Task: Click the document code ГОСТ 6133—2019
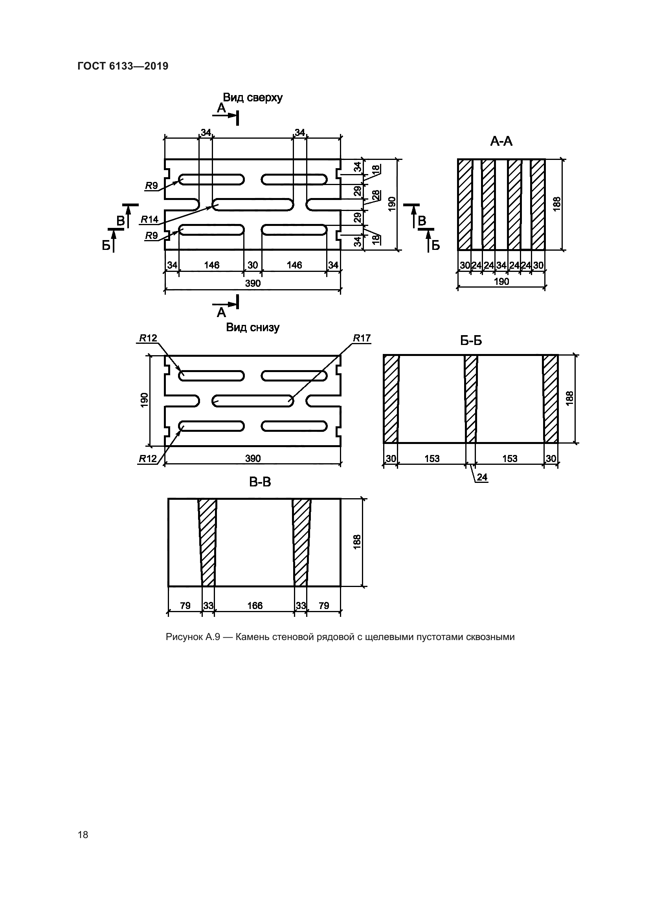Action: (x=123, y=66)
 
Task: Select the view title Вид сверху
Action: (x=253, y=97)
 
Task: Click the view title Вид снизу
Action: (x=253, y=327)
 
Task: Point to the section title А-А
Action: (x=501, y=141)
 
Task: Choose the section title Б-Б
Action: (x=471, y=341)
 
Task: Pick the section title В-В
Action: (x=260, y=482)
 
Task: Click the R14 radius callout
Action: (x=149, y=219)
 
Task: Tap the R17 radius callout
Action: (x=362, y=338)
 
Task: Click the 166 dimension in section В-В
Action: (x=255, y=605)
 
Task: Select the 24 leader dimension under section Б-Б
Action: (x=482, y=477)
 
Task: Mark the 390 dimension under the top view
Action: (x=253, y=283)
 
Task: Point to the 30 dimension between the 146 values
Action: (x=253, y=265)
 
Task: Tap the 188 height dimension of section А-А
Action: (x=557, y=204)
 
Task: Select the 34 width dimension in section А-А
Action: (x=501, y=265)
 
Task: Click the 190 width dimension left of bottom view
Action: (x=145, y=400)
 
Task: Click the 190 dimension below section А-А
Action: (x=501, y=281)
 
